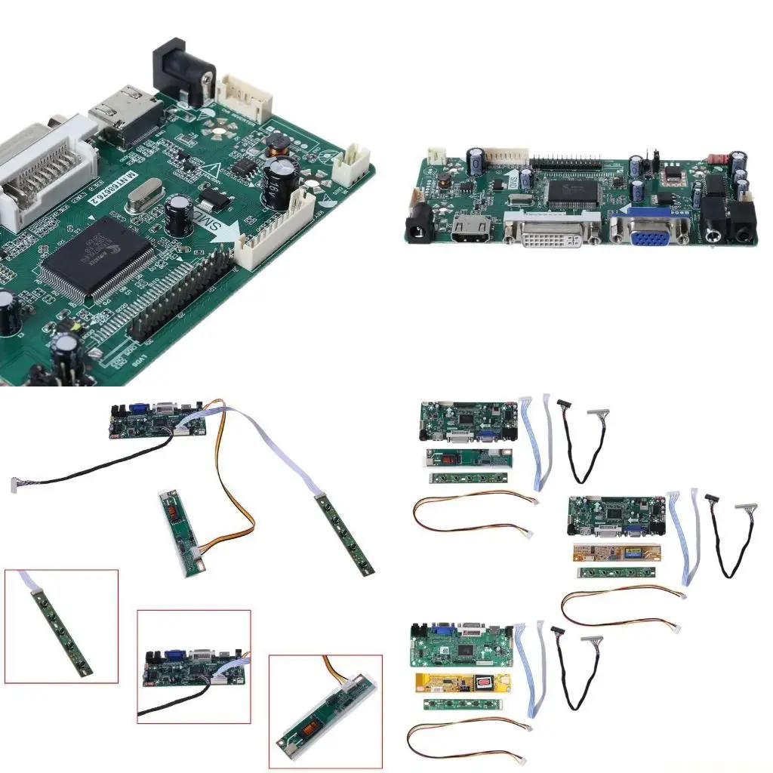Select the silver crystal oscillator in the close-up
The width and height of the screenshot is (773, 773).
tap(143, 199)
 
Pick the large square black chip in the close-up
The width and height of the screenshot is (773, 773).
tap(91, 257)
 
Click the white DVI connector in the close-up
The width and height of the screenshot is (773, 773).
tap(42, 177)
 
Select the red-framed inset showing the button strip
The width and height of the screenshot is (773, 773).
tap(61, 626)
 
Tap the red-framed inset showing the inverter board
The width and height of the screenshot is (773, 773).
tap(325, 710)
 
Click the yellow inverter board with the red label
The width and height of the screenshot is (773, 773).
tap(462, 682)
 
